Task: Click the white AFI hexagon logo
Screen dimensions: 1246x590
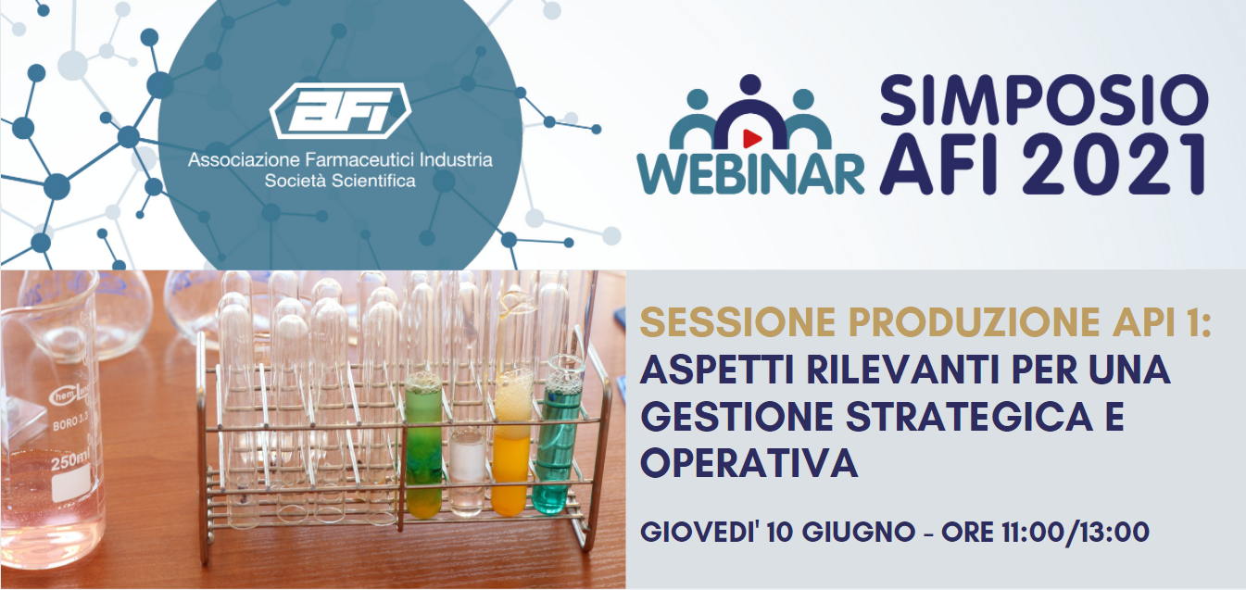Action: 340,110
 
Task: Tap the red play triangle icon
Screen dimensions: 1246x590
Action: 751,138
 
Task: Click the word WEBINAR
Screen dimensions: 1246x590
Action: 751,173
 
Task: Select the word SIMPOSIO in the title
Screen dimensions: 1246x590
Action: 1044,100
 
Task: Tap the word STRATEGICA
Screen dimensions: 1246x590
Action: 970,417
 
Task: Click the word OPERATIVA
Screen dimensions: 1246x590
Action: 749,463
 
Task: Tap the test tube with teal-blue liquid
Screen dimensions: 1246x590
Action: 558,434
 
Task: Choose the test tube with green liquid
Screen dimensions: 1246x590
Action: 423,445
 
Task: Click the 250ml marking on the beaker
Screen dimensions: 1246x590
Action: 69,461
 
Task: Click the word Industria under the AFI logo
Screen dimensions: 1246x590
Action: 456,160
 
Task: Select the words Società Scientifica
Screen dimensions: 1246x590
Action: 340,182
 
